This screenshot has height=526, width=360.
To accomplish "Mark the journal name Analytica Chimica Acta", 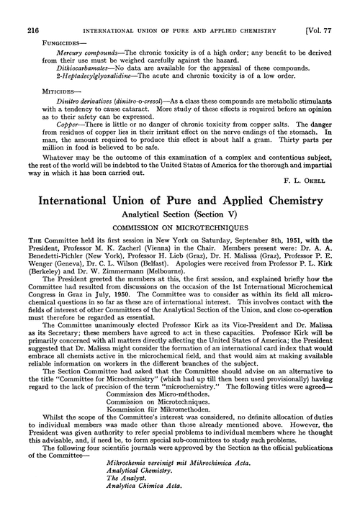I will [x=122, y=514].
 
